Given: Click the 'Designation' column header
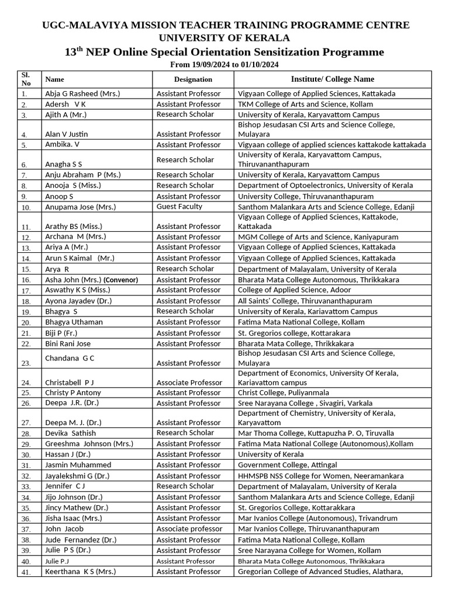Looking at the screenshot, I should click(x=193, y=79).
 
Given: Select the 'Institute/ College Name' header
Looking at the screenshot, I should click(x=333, y=79).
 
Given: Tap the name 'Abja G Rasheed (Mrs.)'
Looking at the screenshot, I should click(x=82, y=93).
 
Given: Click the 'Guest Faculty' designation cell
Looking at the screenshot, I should click(x=179, y=207).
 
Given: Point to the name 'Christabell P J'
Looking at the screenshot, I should click(x=70, y=383).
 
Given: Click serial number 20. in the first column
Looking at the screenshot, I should click(x=25, y=322).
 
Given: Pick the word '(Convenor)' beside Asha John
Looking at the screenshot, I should click(x=121, y=280).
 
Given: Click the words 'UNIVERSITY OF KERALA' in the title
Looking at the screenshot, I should click(x=224, y=37).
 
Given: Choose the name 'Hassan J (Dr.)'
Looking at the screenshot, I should click(x=68, y=454).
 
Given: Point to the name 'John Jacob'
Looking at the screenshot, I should click(x=64, y=529).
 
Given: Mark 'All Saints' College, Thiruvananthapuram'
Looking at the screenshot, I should click(x=305, y=301).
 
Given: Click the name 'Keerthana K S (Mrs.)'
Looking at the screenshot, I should click(x=80, y=572).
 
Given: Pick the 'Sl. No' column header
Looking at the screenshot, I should click(x=26, y=79).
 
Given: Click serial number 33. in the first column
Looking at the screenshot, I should click(x=25, y=486).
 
